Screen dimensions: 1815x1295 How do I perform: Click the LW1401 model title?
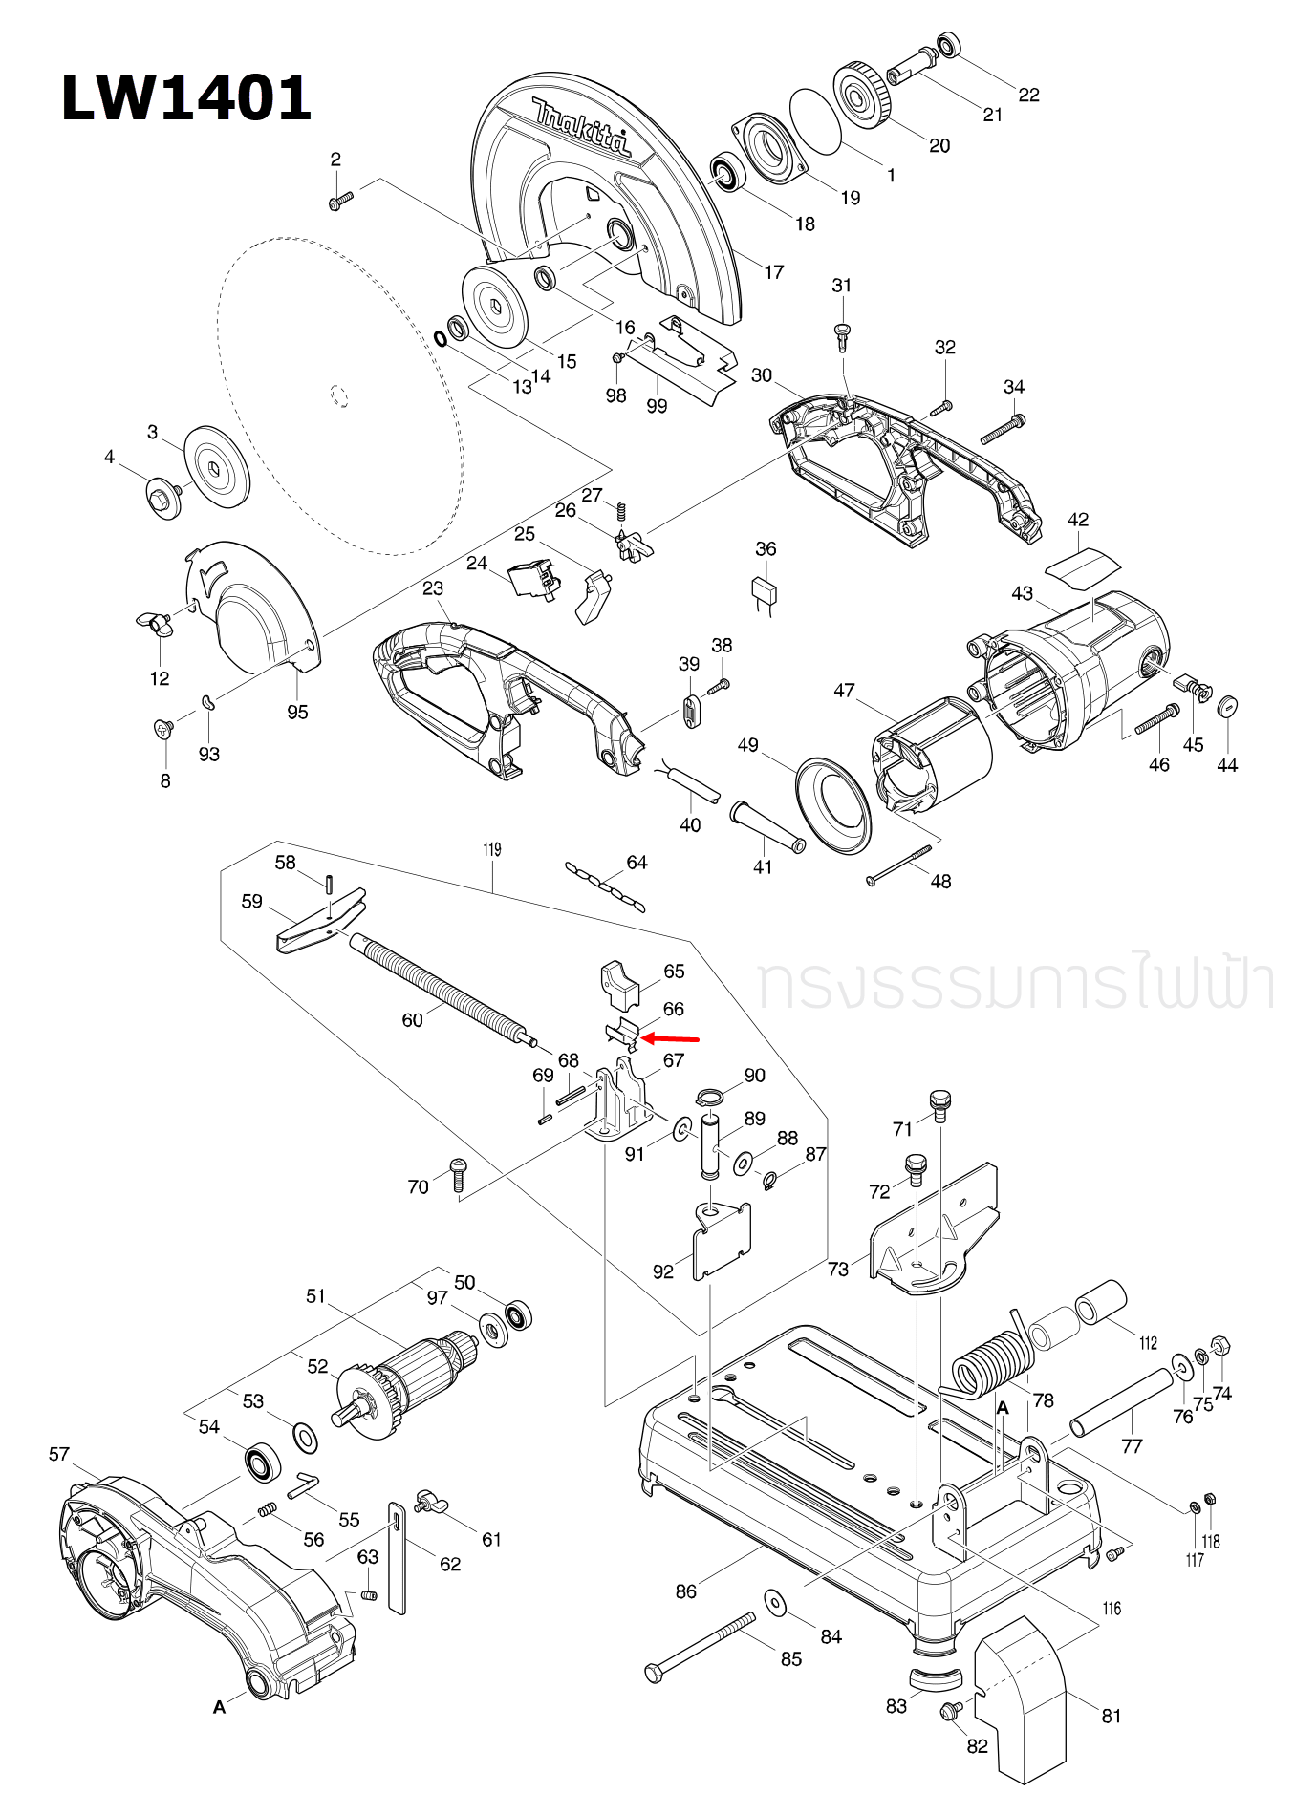pyautogui.click(x=186, y=98)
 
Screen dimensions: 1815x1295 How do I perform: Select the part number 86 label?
pyautogui.click(x=685, y=1591)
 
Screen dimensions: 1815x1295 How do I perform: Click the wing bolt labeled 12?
pyautogui.click(x=156, y=625)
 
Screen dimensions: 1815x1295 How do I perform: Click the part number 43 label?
pyautogui.click(x=1022, y=593)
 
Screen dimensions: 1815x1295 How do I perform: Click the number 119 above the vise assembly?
pyautogui.click(x=491, y=849)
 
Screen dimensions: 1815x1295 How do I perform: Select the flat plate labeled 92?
pyautogui.click(x=722, y=1238)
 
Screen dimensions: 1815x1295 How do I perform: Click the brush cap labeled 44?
pyautogui.click(x=1228, y=707)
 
